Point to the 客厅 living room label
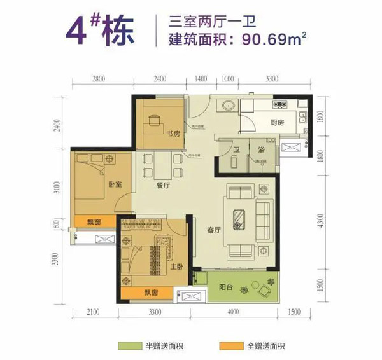[213, 231]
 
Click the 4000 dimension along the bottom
[232, 311]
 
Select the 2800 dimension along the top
[97, 80]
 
